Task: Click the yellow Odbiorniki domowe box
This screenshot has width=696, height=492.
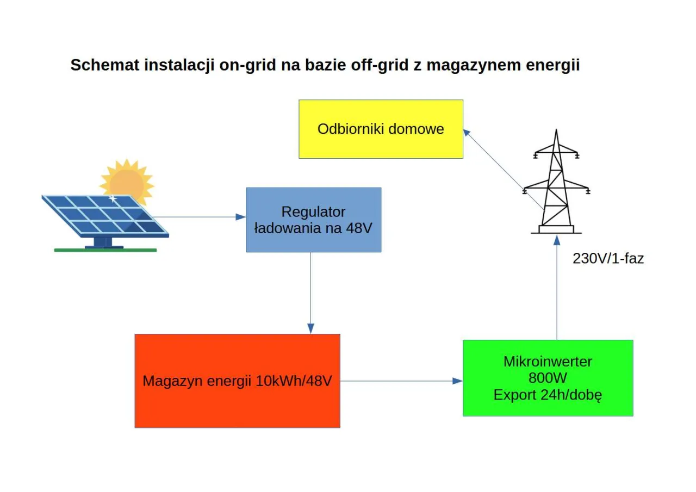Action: click(381, 129)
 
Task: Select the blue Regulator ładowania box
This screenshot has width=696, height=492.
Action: click(313, 220)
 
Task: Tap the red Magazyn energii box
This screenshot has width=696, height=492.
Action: click(237, 381)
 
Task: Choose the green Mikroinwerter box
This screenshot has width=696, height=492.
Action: click(548, 378)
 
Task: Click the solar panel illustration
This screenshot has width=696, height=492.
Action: click(103, 217)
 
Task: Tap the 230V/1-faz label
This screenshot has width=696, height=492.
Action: click(608, 258)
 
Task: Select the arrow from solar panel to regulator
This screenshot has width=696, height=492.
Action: click(201, 217)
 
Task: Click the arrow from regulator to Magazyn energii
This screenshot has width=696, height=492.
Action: click(310, 294)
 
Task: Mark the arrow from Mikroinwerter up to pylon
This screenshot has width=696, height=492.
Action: click(556, 288)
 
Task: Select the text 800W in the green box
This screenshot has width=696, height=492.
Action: click(548, 378)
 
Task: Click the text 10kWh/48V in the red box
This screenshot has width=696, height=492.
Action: click(294, 381)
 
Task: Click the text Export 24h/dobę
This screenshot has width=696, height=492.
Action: click(548, 395)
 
